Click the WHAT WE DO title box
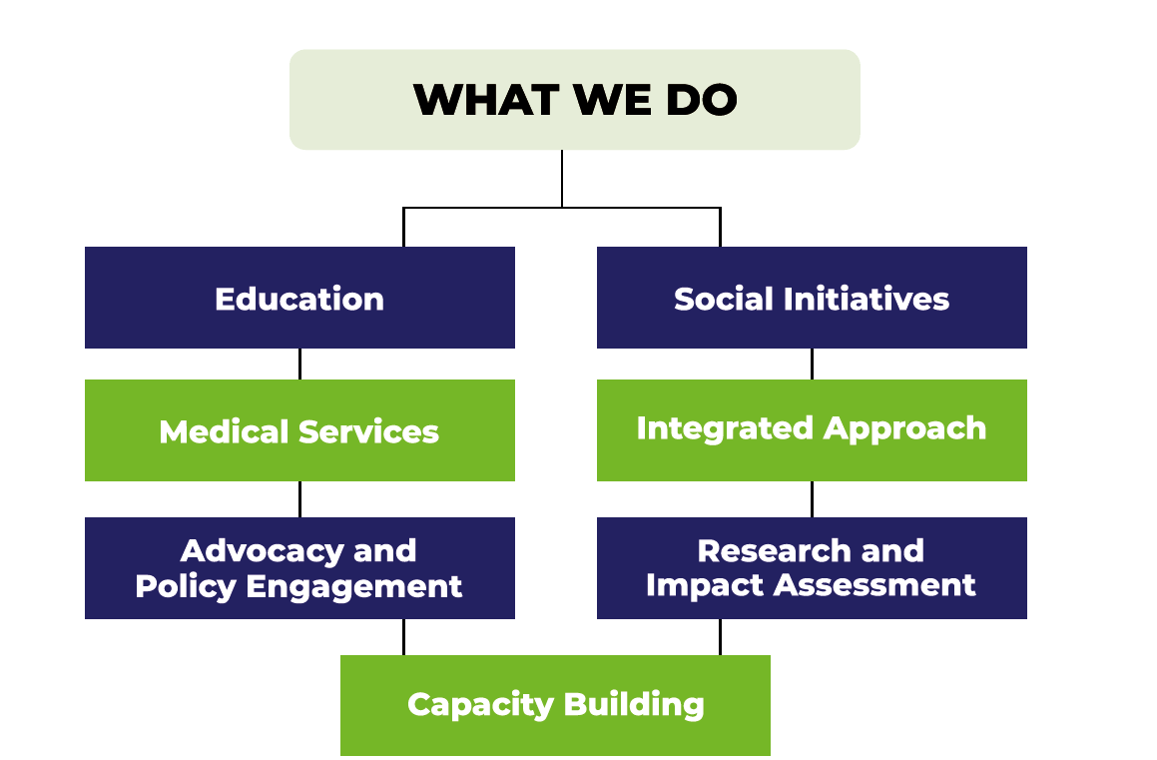click(x=574, y=100)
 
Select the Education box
click(x=299, y=298)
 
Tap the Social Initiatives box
click(x=812, y=298)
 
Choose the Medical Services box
click(x=299, y=430)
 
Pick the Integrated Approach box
click(x=812, y=429)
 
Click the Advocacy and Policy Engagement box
click(x=299, y=567)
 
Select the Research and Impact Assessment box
click(x=812, y=567)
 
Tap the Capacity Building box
click(x=555, y=704)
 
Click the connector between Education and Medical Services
click(x=300, y=364)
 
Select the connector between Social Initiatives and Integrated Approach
click(x=812, y=364)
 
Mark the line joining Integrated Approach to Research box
click(x=812, y=498)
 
